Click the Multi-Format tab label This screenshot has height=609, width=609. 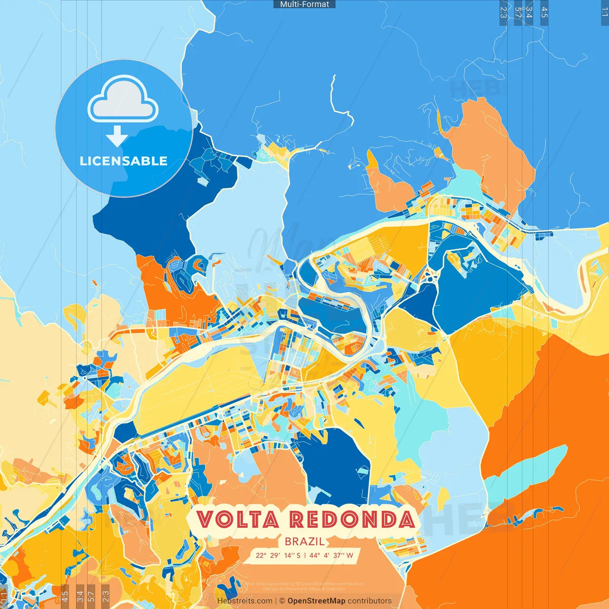(x=304, y=4)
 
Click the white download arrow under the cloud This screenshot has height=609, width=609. (x=117, y=136)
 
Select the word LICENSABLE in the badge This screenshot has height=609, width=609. (x=124, y=161)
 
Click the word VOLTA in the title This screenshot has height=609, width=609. (x=238, y=520)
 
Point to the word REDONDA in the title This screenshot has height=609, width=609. (x=352, y=520)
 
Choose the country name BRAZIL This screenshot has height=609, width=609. (x=304, y=541)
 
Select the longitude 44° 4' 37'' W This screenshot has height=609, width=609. (x=331, y=555)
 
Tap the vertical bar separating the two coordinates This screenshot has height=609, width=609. (x=305, y=555)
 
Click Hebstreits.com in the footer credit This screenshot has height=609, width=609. (x=245, y=601)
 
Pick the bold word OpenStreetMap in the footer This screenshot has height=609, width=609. (x=316, y=601)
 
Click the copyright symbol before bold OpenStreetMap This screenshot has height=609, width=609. (x=282, y=601)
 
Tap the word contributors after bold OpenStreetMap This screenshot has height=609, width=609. (x=370, y=601)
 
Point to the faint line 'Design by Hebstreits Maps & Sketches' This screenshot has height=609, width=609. (x=304, y=589)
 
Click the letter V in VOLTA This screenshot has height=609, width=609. (x=205, y=520)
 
